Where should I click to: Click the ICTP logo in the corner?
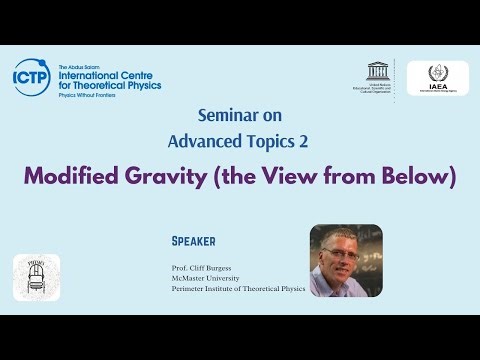31,76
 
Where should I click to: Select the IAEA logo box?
437,78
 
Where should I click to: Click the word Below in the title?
415,176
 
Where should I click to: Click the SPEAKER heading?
194,241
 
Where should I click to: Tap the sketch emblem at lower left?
36,277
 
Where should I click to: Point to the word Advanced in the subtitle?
210,138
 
